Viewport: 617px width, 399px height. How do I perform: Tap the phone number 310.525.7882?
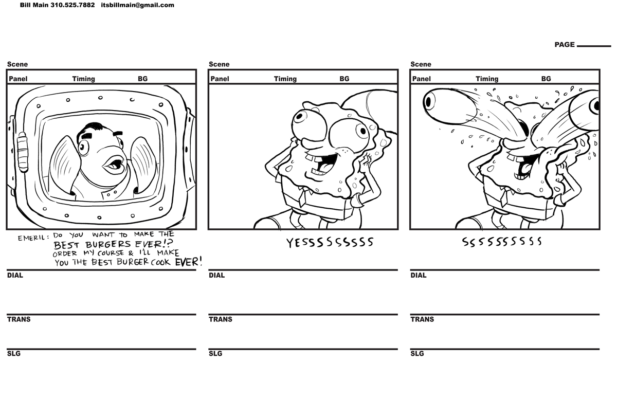tap(72, 5)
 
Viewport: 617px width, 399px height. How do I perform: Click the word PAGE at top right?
tap(564, 45)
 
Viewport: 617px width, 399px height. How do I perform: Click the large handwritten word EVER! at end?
tap(189, 261)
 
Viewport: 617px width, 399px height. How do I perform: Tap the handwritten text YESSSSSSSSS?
tap(330, 243)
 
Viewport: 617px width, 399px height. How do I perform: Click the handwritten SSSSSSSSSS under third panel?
tap(501, 242)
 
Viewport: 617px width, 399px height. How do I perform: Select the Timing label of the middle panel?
tap(285, 79)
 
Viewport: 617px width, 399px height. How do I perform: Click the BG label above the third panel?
tap(546, 79)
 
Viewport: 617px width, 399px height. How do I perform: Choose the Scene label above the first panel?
tap(17, 64)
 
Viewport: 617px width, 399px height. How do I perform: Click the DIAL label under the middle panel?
tap(216, 275)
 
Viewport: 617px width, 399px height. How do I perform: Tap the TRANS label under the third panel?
tap(422, 319)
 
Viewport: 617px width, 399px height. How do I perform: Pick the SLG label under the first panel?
tap(14, 354)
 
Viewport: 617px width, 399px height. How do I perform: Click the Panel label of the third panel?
tap(421, 79)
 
